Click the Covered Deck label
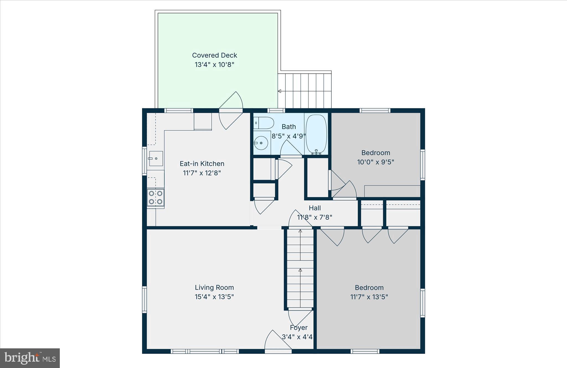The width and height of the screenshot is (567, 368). [215, 55]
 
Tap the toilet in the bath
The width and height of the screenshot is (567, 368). [264, 123]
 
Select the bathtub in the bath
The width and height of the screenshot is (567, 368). [316, 134]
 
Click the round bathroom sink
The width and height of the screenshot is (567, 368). [261, 143]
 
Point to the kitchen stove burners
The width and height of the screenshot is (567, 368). [155, 197]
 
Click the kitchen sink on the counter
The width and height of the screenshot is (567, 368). [156, 159]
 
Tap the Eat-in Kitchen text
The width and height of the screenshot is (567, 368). [202, 164]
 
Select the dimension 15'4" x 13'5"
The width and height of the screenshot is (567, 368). [214, 297]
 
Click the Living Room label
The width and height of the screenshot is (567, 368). [214, 287]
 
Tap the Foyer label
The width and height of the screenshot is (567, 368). [298, 328]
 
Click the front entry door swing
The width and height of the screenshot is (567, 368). [276, 341]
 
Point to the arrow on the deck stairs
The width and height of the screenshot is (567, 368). [280, 91]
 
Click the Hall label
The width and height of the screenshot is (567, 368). [315, 208]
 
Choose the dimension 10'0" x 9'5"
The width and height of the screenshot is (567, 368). [375, 162]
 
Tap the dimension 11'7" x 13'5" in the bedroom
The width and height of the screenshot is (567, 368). [369, 297]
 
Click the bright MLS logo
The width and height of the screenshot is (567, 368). [30, 358]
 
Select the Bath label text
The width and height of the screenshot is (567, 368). [289, 127]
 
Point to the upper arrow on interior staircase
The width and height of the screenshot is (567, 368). [300, 231]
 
